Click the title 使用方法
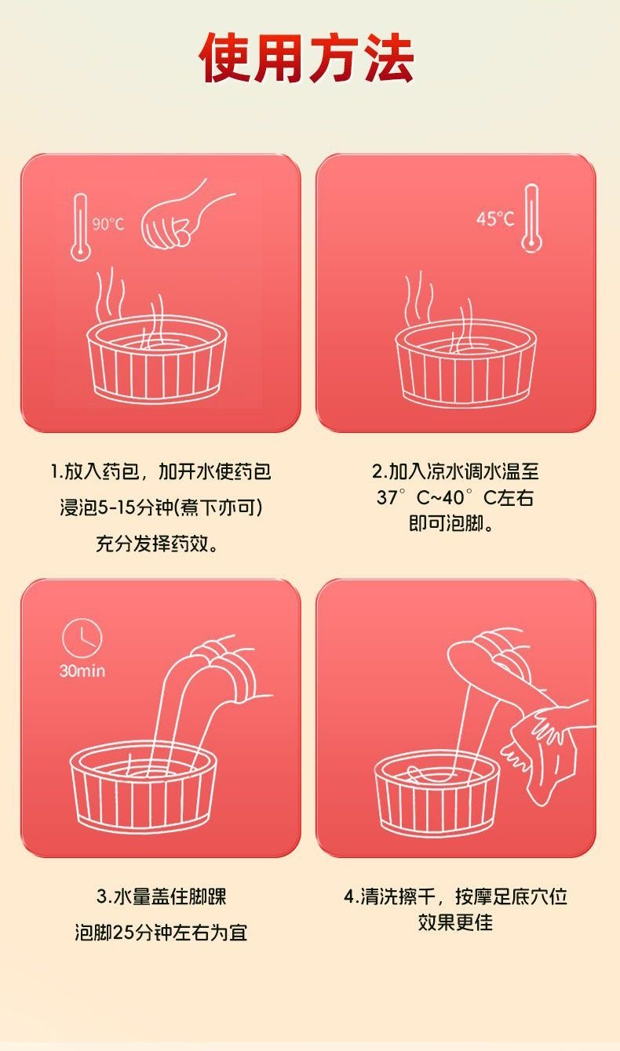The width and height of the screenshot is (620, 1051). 307,58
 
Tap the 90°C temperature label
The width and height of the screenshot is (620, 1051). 108,224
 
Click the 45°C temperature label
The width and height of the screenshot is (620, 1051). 495,218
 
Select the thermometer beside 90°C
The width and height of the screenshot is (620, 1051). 80,227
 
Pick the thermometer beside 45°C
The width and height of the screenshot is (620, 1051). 531,219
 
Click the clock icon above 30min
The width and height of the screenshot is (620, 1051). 82,638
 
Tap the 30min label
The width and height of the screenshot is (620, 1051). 82,671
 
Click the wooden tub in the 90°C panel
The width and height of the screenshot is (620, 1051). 157,359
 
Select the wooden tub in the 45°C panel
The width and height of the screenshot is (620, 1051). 465,365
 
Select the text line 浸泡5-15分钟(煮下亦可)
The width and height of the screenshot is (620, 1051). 161,507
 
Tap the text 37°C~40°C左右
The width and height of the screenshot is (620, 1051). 454,497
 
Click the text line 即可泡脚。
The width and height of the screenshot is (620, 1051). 451,523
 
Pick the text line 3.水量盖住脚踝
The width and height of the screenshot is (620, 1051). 161,896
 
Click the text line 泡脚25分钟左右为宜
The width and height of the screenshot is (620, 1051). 161,933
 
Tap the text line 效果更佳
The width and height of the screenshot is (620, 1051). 455,922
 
